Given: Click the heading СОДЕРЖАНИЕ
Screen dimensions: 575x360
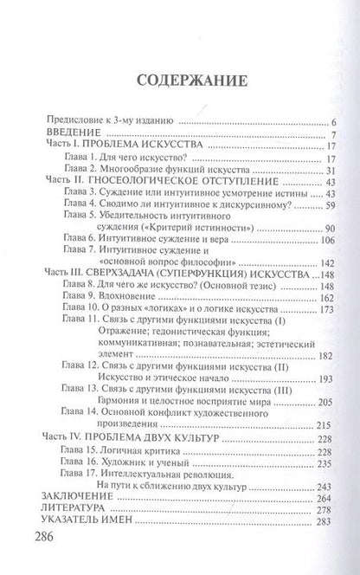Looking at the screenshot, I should [x=179, y=81].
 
